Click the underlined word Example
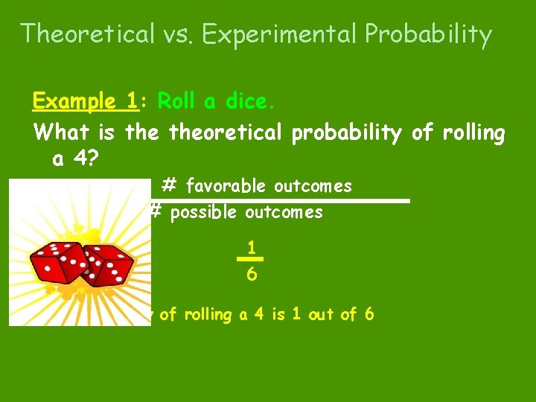pyautogui.click(x=73, y=100)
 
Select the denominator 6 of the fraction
pyautogui.click(x=252, y=275)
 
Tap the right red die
pyautogui.click(x=108, y=265)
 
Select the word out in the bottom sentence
pyautogui.click(x=322, y=315)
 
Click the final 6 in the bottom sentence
pyautogui.click(x=368, y=315)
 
